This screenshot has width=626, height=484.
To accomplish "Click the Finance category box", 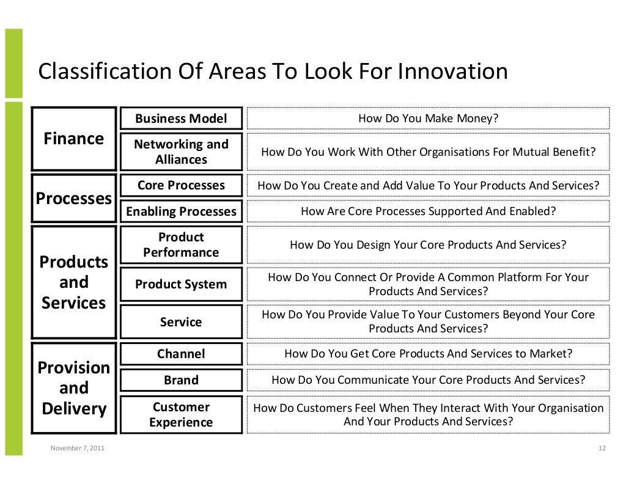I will [x=74, y=139].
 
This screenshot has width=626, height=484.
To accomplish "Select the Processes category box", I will [x=74, y=199].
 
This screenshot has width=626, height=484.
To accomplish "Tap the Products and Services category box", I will [x=74, y=282].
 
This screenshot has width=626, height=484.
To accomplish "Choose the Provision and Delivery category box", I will [x=74, y=388].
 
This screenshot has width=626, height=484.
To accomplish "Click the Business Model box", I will [x=181, y=119].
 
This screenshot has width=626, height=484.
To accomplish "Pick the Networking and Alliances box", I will [x=181, y=152].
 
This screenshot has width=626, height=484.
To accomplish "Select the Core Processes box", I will [x=181, y=185].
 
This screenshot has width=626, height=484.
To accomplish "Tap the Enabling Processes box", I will [x=181, y=211].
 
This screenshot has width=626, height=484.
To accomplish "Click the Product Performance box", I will [x=181, y=244].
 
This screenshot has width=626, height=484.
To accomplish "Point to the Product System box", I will [x=181, y=284].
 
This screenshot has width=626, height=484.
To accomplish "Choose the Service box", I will [x=181, y=321].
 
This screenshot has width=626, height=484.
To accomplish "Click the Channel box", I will [x=181, y=354].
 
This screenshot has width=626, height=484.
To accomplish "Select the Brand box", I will [x=181, y=380].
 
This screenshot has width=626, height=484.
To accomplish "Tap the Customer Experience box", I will [x=181, y=414].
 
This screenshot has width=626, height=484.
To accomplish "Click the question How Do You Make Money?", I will [x=428, y=119].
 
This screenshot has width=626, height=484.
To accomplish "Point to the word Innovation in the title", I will [x=452, y=72].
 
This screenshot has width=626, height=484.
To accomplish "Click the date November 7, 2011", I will [x=77, y=449].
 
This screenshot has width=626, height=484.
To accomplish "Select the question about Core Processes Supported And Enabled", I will [x=428, y=211].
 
